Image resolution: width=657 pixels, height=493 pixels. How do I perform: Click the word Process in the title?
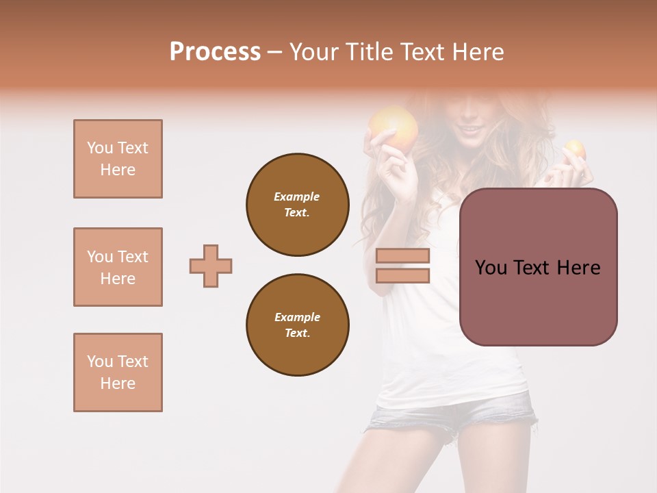[215, 52]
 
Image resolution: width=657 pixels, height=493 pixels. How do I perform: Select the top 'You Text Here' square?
[118, 159]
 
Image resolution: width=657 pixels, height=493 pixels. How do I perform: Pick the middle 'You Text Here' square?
[118, 267]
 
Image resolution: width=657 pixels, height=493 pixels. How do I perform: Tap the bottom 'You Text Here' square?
[118, 372]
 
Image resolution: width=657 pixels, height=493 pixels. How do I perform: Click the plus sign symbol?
[211, 266]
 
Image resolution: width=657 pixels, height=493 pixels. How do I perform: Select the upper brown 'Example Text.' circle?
[298, 204]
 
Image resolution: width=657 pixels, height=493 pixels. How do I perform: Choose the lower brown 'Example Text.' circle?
[298, 325]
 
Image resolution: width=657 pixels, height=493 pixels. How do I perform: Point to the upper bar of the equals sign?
[402, 256]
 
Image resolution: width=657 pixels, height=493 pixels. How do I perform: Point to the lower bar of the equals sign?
[402, 275]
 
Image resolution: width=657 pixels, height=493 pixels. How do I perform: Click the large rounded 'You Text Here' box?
[538, 267]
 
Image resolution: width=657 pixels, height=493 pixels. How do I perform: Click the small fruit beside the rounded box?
[574, 149]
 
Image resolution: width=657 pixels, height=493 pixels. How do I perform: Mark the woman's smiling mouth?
[469, 128]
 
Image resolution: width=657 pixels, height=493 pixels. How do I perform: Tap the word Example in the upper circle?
[297, 197]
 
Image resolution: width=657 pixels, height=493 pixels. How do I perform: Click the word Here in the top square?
[118, 170]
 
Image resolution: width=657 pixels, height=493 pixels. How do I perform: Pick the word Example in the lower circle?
[297, 317]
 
